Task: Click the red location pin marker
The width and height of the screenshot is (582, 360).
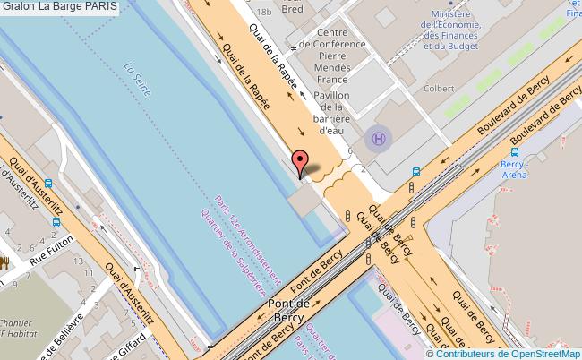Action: pos(301,163)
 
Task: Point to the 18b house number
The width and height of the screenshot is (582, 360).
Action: pos(262,12)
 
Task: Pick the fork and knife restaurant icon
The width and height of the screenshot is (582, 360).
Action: pos(4,261)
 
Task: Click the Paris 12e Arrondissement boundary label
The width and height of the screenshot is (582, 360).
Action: pos(247,242)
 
